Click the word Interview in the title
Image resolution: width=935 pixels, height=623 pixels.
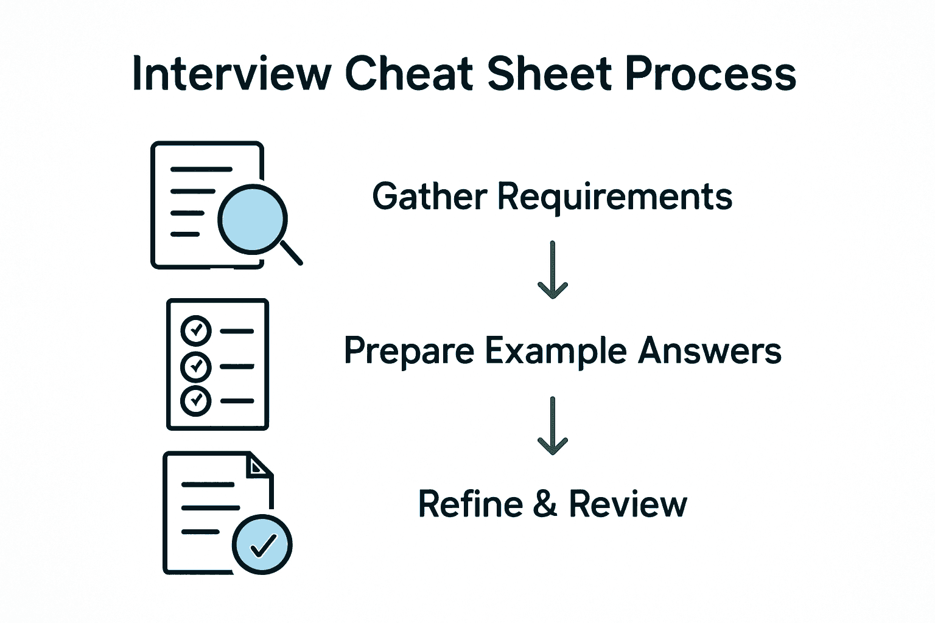click(231, 74)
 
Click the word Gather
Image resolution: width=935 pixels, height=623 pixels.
click(430, 197)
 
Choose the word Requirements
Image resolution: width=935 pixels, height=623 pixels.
click(615, 198)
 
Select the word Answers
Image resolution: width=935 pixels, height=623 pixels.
click(709, 351)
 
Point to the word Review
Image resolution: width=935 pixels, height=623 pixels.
click(628, 504)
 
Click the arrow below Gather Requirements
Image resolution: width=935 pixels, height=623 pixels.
click(553, 271)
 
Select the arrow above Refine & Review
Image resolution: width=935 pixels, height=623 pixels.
click(553, 426)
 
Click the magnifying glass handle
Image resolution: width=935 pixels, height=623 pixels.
click(292, 253)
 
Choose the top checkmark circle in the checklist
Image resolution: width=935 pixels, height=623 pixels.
click(196, 331)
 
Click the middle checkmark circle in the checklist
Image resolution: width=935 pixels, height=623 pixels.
click(196, 366)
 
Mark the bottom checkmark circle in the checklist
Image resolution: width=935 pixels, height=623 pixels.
click(196, 400)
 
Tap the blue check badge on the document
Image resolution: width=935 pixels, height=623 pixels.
click(263, 545)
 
